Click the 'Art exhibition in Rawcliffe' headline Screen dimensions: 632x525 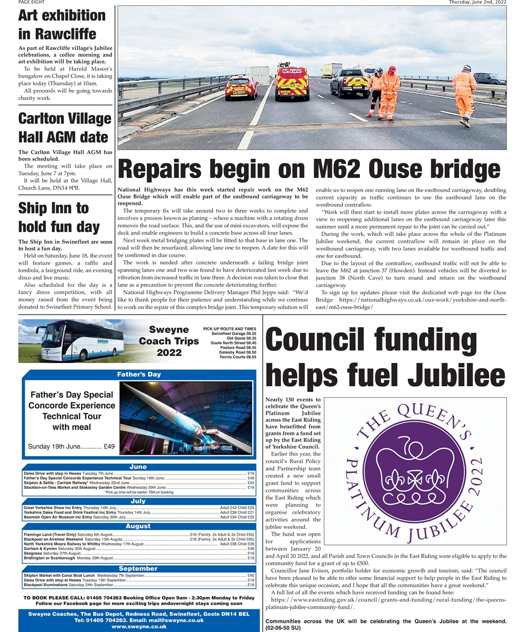(62, 25)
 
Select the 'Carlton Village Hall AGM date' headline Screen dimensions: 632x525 (65, 127)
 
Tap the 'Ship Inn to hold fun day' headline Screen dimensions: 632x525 (59, 217)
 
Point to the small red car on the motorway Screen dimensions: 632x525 (241, 87)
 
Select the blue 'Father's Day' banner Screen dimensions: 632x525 (139, 374)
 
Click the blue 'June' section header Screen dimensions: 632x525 (138, 467)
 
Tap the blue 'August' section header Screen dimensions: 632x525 (138, 526)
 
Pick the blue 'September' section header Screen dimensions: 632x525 (138, 568)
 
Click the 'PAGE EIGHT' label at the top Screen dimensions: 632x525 (31, 2)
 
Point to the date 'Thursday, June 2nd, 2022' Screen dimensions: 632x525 (477, 2)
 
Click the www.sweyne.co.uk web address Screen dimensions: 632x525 (139, 627)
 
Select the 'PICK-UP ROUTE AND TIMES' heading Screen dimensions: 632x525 (229, 329)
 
